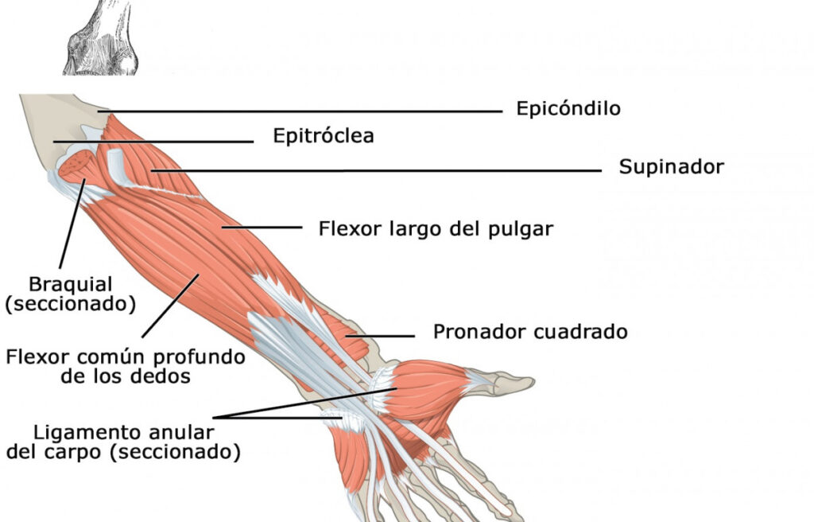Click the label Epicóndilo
pos(568,108)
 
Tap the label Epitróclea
pos(323,136)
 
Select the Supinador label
pos(671,167)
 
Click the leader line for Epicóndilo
pos(318,112)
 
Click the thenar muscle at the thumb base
pos(429,390)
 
